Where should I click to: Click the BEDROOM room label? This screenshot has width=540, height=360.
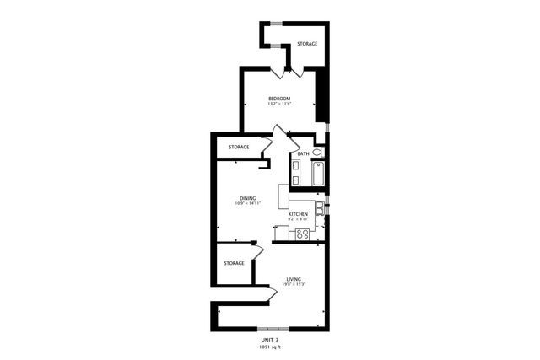coord(279,99)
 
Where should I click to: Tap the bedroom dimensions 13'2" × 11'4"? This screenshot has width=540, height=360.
coord(279,105)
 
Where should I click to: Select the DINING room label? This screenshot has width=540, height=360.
coord(246,198)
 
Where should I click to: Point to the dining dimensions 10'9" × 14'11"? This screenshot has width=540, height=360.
coord(246,204)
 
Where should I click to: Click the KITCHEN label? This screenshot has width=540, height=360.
coord(298,215)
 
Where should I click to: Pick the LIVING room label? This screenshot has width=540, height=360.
coord(294,279)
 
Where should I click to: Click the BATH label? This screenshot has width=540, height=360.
coord(303,154)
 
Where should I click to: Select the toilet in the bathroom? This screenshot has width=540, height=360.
coord(319,153)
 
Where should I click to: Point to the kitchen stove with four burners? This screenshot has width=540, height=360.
coord(301,234)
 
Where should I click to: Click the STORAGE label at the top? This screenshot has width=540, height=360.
coord(306,43)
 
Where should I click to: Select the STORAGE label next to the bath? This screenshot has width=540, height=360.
coord(239,148)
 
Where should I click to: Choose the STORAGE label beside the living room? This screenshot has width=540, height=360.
coord(234,263)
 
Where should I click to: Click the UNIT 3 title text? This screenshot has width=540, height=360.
coord(270,338)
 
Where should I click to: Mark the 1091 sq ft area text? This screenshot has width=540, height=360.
coord(270,346)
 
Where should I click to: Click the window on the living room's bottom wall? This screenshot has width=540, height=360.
coord(273,328)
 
